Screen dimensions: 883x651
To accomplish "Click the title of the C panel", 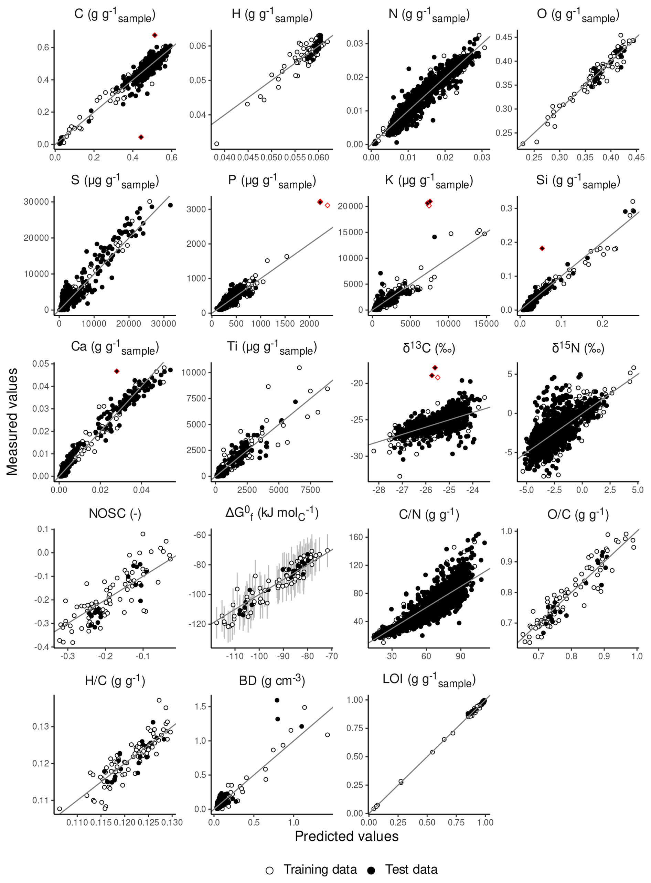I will click(x=115, y=15).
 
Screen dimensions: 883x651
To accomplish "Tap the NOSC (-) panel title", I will click(x=115, y=514).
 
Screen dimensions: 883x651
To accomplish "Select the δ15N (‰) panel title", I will click(x=578, y=348).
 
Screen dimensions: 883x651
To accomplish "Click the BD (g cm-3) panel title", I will click(x=272, y=680).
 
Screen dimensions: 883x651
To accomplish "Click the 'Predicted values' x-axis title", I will click(x=346, y=836).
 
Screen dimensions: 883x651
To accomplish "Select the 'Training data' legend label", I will click(x=320, y=869).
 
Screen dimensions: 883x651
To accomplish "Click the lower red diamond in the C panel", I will click(x=141, y=137).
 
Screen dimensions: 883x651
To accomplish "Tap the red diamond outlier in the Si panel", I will click(x=542, y=248).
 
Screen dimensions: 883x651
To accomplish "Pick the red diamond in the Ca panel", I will click(x=117, y=371).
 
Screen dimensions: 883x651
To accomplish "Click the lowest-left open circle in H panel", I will click(x=216, y=144).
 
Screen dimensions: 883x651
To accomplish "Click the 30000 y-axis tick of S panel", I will click(x=36, y=202).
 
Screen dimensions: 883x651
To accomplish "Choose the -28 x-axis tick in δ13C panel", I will click(x=379, y=490).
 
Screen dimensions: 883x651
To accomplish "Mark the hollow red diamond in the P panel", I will click(x=327, y=205).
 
